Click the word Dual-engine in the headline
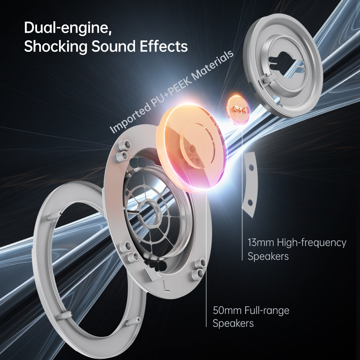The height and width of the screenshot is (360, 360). point(68,28)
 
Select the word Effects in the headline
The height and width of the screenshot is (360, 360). point(164,46)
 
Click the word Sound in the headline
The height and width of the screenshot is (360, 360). point(114,46)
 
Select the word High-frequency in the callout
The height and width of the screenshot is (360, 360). point(311,243)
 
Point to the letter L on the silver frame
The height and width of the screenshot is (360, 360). point(166,286)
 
